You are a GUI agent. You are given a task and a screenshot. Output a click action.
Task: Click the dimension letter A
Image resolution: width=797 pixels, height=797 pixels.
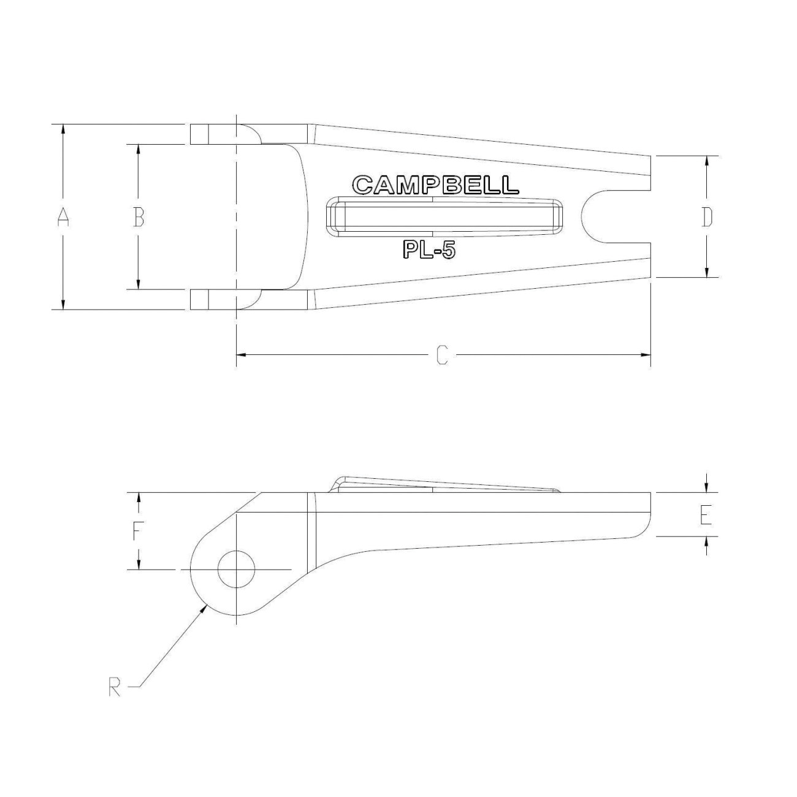(x=63, y=217)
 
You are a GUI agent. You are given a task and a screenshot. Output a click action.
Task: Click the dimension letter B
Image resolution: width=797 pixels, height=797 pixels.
(x=139, y=217)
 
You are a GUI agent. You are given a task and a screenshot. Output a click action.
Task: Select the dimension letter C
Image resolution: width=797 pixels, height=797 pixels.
(x=442, y=355)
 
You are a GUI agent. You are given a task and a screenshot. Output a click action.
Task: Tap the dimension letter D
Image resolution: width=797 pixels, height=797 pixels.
(x=707, y=217)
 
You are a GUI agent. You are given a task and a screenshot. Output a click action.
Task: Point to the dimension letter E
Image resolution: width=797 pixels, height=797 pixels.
(x=706, y=515)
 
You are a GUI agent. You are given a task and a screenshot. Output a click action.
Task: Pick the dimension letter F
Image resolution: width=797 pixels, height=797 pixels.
(x=139, y=531)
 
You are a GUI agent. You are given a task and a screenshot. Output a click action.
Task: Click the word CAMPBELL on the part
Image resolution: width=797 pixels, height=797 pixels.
(x=436, y=185)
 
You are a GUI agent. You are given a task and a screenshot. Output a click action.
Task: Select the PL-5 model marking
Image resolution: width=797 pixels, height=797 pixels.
(x=429, y=250)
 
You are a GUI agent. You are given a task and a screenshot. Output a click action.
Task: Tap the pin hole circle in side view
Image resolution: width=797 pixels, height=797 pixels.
(x=236, y=569)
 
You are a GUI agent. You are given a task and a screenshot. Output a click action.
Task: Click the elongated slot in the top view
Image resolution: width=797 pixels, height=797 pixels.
(x=444, y=217)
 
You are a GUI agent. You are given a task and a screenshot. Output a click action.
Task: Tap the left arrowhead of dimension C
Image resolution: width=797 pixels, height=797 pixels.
(x=241, y=355)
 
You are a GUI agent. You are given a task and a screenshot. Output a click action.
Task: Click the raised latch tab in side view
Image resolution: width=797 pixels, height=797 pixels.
(x=441, y=484)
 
